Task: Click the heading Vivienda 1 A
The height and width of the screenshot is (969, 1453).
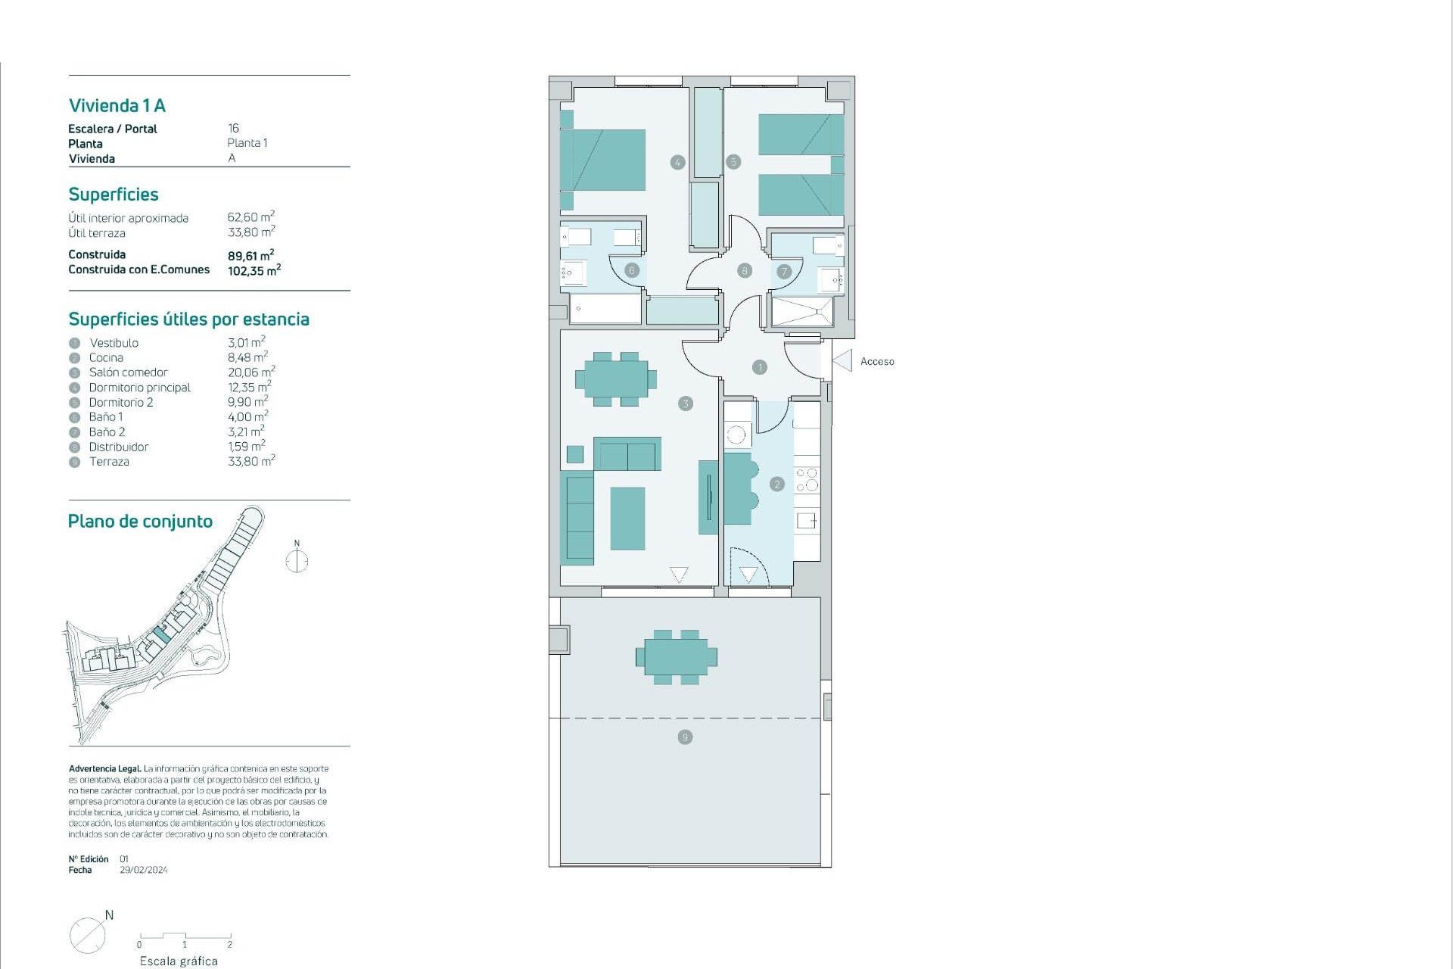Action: click(x=117, y=106)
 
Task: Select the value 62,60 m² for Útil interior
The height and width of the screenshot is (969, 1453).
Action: click(x=250, y=217)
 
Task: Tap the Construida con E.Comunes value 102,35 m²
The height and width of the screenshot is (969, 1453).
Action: click(x=254, y=270)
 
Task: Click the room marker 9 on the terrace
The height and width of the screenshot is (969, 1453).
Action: click(x=685, y=737)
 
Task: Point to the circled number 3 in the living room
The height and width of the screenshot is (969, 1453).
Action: click(x=686, y=403)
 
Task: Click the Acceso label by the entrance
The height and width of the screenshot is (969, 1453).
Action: click(x=877, y=362)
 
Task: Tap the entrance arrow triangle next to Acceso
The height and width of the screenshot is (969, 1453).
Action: click(x=843, y=360)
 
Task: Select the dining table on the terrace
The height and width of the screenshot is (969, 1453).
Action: click(x=677, y=657)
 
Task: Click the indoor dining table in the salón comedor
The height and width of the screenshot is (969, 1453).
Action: click(x=615, y=379)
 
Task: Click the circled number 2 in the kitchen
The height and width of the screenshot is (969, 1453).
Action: click(x=776, y=484)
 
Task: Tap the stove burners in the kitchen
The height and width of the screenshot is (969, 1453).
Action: click(x=807, y=479)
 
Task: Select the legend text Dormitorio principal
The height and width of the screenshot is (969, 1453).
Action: click(x=140, y=388)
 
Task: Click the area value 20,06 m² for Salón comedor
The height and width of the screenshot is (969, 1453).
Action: click(x=250, y=372)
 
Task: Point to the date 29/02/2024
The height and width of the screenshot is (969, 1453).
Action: click(x=144, y=871)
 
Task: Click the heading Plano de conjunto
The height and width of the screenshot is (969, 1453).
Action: click(x=140, y=522)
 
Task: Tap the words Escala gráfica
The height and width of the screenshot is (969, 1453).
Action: click(x=179, y=961)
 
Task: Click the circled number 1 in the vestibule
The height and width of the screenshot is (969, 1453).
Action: click(x=760, y=367)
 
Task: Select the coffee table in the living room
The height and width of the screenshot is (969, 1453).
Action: click(x=627, y=519)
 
